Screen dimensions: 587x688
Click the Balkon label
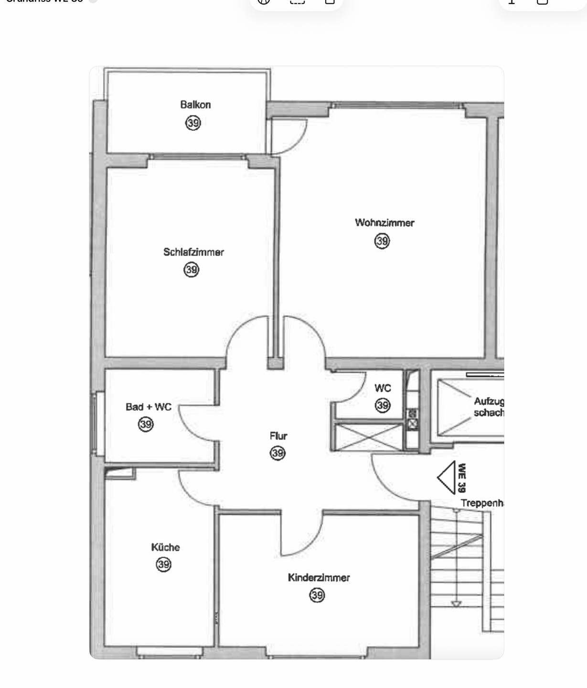click(x=195, y=105)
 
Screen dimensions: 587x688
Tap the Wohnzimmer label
click(x=384, y=223)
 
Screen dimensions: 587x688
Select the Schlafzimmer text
click(x=193, y=252)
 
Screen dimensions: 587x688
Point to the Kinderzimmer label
click(x=319, y=578)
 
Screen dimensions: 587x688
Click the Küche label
click(x=165, y=548)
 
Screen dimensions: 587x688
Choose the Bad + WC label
click(x=149, y=407)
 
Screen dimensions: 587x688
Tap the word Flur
click(x=278, y=436)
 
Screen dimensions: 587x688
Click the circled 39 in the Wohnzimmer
click(x=382, y=241)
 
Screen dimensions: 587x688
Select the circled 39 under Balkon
click(x=193, y=123)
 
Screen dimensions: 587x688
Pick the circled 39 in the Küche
click(x=164, y=565)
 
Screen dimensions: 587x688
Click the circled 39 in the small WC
click(x=383, y=406)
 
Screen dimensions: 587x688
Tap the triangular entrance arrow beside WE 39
click(x=447, y=477)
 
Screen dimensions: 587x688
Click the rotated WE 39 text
click(x=461, y=478)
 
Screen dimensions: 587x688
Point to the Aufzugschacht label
click(x=489, y=407)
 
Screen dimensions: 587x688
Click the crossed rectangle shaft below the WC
click(x=369, y=437)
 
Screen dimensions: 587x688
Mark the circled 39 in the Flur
click(x=277, y=453)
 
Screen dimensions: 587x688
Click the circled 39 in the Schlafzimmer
click(x=192, y=270)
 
